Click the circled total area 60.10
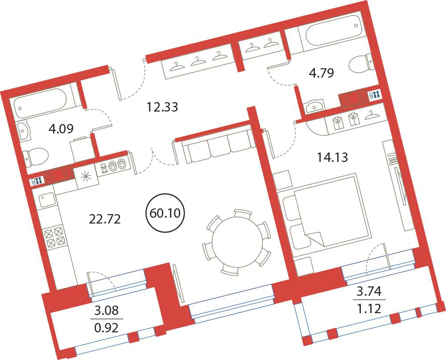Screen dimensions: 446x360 (165, 213)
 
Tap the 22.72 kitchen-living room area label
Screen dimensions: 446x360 (105, 219)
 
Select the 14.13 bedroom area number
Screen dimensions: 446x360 (332, 157)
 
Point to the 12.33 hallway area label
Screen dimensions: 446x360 (162, 107)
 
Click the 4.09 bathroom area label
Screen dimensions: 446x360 (61, 129)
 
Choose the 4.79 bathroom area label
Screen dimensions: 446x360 (322, 73)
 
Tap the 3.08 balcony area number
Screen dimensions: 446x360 (107, 310)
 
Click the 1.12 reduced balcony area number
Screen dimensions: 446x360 (369, 308)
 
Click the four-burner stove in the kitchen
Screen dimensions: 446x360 (55, 236)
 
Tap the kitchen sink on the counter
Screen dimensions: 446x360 (46, 200)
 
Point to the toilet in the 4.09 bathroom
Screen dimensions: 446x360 (36, 157)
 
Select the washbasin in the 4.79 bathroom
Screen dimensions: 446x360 (313, 106)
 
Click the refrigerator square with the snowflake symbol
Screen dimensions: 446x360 (85, 177)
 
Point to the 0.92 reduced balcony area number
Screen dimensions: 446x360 (106, 328)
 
